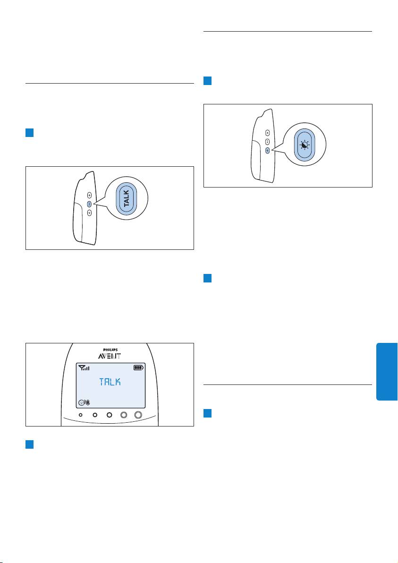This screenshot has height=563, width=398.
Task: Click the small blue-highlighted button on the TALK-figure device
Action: pos(89,204)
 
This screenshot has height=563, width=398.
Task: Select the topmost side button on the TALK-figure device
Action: pos(89,195)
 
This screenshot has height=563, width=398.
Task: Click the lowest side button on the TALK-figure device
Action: pos(89,213)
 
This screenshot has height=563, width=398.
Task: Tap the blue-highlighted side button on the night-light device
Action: pos(267,150)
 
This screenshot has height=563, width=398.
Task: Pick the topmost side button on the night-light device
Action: pos(267,133)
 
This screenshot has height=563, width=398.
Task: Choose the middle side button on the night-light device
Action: pos(267,142)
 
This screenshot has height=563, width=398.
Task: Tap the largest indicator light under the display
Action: pos(138,415)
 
